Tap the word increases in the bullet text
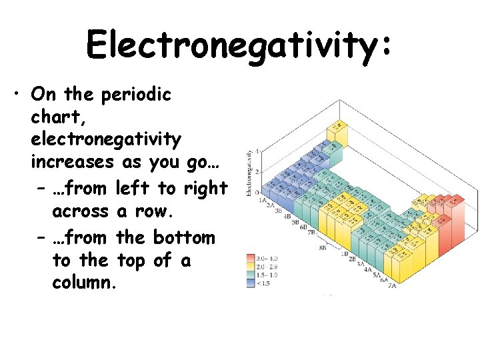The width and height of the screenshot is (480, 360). (73, 163)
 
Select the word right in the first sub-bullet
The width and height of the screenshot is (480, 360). (205, 189)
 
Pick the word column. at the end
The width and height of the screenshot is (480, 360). (84, 283)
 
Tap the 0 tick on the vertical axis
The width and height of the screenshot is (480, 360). (258, 193)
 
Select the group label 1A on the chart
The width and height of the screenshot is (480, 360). (263, 199)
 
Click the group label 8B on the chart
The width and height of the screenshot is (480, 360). (323, 247)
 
